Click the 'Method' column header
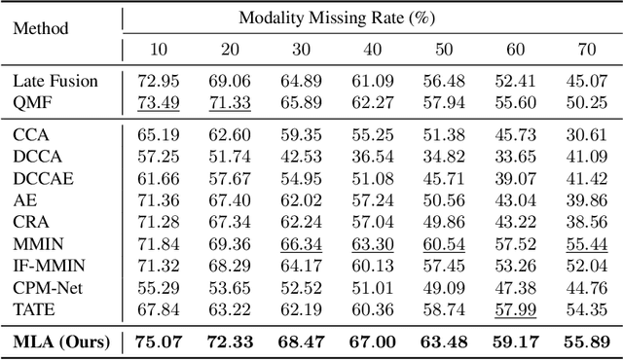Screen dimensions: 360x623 [40, 28]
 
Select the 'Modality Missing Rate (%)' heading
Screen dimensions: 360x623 [364, 18]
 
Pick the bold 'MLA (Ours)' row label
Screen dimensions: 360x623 [61, 341]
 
